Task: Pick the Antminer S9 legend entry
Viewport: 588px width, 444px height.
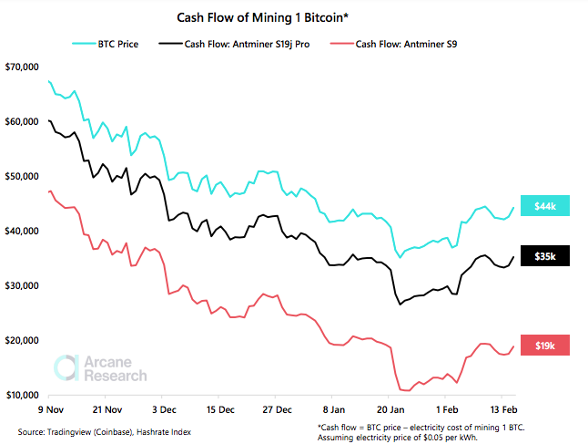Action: [388, 43]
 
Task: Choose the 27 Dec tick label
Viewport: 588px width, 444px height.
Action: [277, 410]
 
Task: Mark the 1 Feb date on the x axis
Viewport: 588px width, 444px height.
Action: [445, 410]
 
